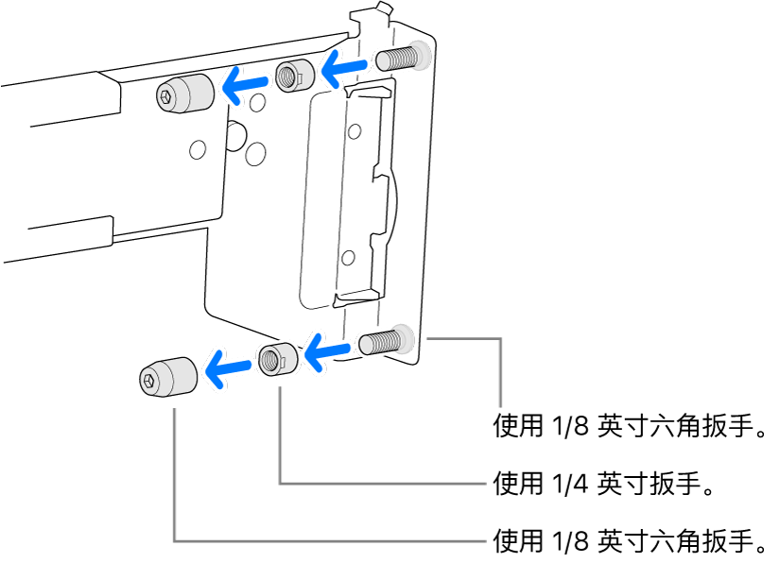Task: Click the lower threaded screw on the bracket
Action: [382, 341]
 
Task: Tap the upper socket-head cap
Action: [182, 93]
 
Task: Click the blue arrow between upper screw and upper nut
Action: [342, 66]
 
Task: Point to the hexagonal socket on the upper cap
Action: [166, 95]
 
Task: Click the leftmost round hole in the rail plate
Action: [197, 148]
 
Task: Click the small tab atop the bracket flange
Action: [382, 9]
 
